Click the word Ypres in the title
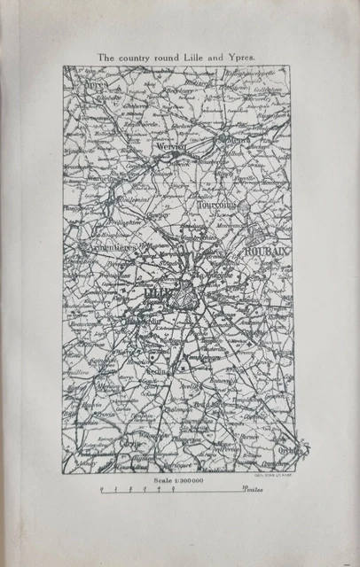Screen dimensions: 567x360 (239, 57)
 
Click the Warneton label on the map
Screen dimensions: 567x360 (103, 178)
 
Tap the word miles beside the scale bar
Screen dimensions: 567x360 (254, 488)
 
